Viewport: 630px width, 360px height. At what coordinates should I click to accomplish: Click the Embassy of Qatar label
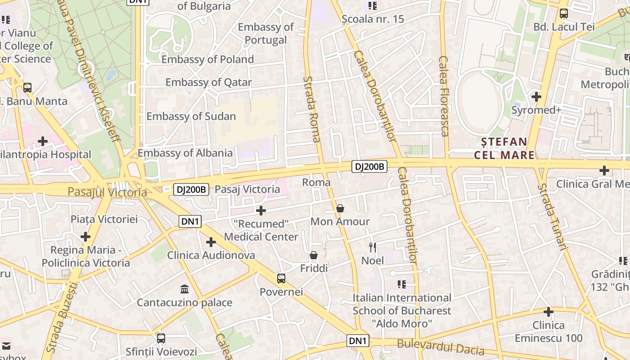(x=209, y=82)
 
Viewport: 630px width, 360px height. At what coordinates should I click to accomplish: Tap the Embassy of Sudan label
(x=191, y=116)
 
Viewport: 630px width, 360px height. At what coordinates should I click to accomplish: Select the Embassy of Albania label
(x=185, y=153)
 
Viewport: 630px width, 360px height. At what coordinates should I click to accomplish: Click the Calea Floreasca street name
(x=444, y=96)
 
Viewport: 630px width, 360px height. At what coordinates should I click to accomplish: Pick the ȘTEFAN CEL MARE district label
(x=504, y=148)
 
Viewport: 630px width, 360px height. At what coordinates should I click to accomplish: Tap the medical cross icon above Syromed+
(x=536, y=97)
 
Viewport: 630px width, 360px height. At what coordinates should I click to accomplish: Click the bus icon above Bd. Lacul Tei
(x=564, y=13)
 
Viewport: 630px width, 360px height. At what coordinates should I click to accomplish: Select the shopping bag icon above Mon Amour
(x=340, y=209)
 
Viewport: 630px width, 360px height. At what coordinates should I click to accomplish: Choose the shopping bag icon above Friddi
(x=314, y=256)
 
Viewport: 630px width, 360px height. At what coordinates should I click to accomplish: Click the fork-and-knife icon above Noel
(x=373, y=247)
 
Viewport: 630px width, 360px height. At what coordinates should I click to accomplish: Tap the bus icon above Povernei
(x=281, y=279)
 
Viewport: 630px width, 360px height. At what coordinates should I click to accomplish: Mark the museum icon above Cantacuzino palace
(x=184, y=289)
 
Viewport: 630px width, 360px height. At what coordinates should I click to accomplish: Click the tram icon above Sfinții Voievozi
(x=161, y=338)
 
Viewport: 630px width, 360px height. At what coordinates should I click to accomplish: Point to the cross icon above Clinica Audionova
(x=211, y=243)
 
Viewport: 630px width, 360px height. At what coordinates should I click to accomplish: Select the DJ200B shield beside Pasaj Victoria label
(x=191, y=189)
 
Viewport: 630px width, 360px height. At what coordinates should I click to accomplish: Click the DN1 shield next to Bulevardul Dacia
(x=358, y=341)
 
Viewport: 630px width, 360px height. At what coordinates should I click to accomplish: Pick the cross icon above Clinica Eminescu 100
(x=548, y=312)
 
